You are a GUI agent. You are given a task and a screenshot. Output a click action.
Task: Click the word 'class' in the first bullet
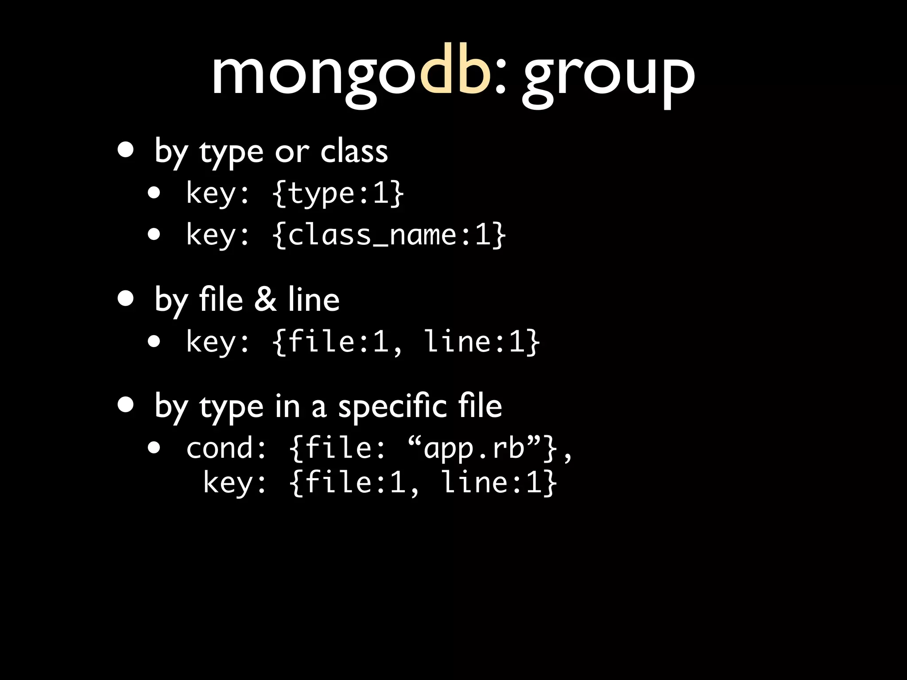[x=354, y=151]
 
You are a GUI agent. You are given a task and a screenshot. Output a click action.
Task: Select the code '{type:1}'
[x=338, y=193]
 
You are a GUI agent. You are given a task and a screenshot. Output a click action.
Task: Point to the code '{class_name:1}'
[x=389, y=235]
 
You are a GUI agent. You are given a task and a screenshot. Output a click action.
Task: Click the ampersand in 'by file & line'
[x=265, y=299]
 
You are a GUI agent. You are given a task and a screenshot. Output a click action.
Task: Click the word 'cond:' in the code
[x=226, y=448]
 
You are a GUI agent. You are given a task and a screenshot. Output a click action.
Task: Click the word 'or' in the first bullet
[x=291, y=152]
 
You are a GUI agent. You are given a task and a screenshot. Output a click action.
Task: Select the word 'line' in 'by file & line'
[x=314, y=299]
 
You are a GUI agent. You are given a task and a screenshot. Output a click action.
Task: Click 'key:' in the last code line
[x=235, y=483]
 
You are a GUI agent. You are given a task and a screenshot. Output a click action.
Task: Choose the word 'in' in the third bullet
[x=287, y=406]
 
